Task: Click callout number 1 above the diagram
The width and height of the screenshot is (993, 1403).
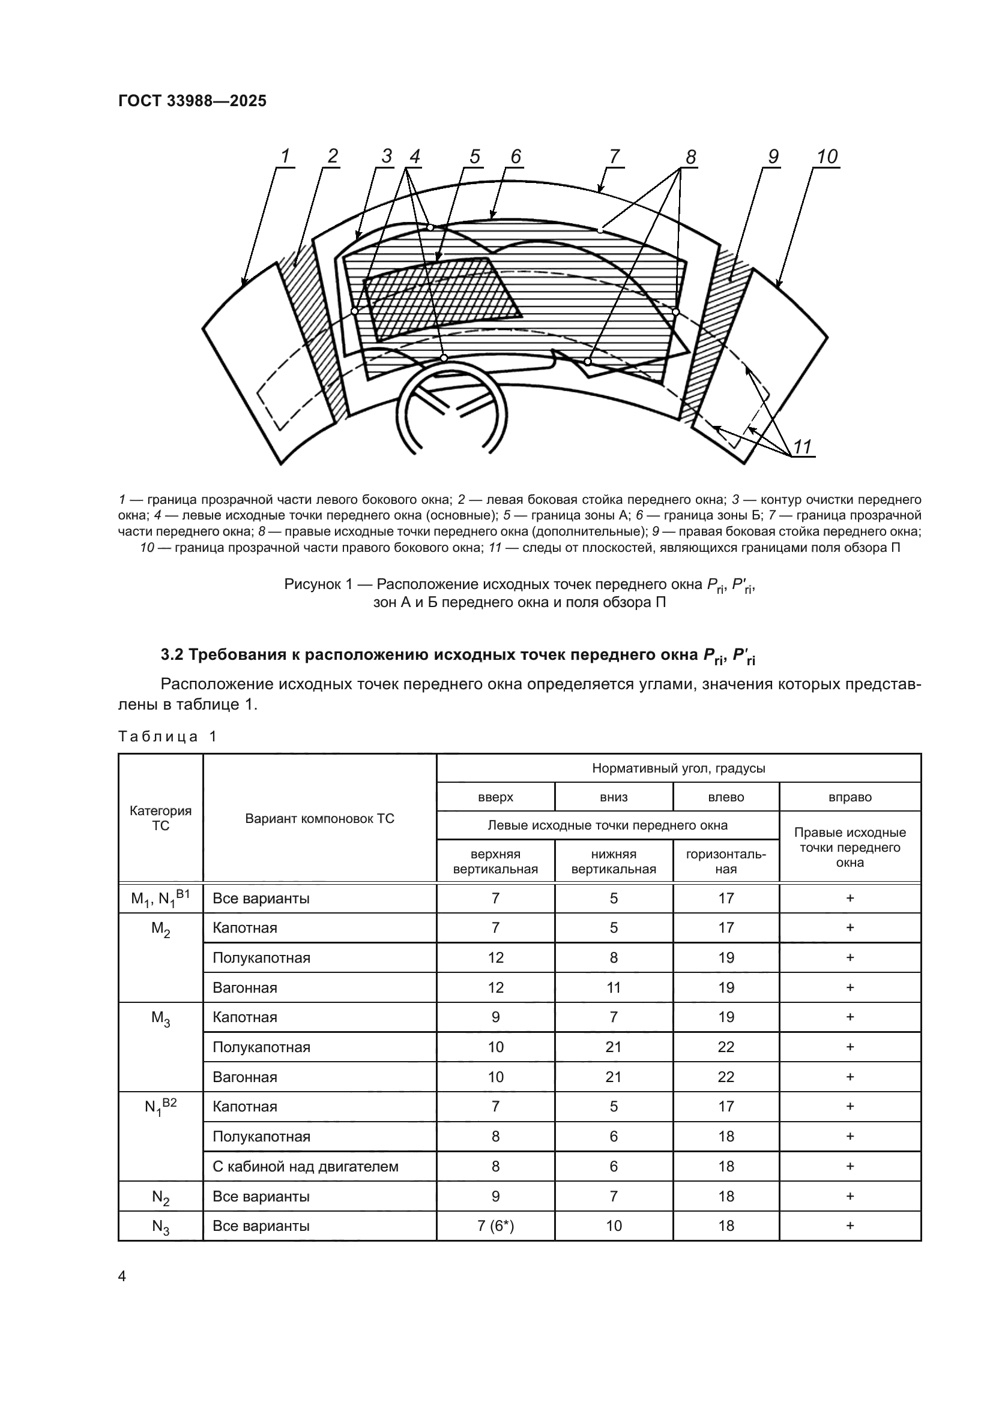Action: (285, 157)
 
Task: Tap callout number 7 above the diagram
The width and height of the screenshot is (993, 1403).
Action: (614, 157)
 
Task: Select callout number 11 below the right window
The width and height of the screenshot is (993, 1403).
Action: (802, 447)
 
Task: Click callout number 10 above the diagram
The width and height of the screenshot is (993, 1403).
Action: (827, 157)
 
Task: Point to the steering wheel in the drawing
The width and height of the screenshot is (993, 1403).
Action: (452, 406)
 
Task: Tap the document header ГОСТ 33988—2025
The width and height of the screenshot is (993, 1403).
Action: (192, 101)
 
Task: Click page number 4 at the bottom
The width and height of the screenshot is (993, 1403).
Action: (122, 1276)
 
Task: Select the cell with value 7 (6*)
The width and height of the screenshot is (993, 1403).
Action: (495, 1226)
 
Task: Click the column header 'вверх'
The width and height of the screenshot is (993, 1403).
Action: (495, 797)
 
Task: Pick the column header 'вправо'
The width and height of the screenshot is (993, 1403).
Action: (850, 797)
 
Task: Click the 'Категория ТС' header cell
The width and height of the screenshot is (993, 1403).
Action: (160, 818)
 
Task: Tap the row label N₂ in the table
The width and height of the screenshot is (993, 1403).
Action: (160, 1197)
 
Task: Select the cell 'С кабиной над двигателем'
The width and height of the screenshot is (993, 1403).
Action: (305, 1167)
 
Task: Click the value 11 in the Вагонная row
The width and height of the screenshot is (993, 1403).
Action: (614, 987)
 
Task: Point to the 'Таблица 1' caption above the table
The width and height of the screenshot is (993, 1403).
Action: (168, 737)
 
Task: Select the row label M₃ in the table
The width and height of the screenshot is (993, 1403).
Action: (160, 1018)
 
